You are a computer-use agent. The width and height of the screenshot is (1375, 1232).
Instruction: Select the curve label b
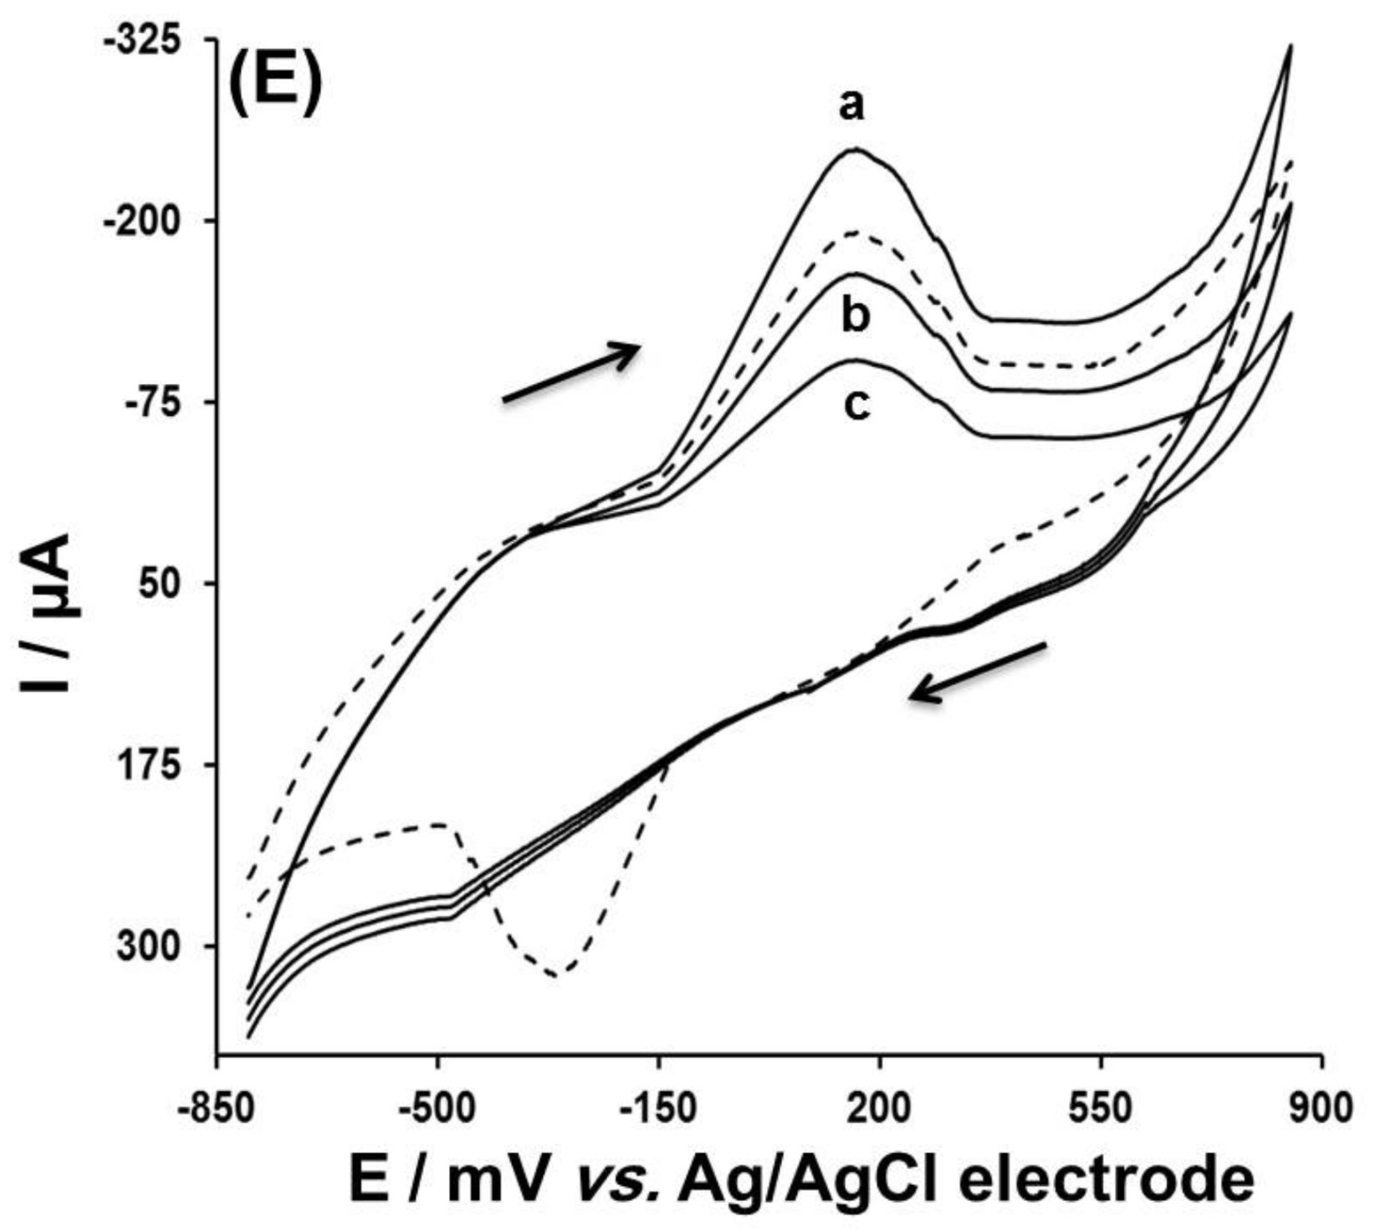tap(855, 317)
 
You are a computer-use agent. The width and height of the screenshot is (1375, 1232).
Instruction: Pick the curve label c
tap(856, 406)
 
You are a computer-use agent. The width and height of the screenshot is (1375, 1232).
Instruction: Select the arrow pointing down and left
tap(977, 672)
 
